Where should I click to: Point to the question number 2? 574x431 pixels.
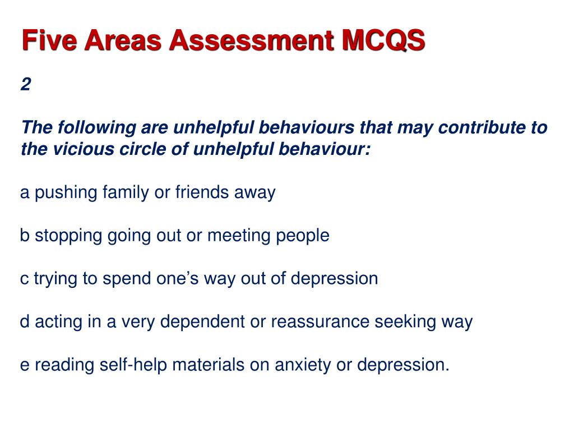26,85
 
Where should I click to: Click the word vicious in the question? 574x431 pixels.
70,149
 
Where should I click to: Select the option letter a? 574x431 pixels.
25,193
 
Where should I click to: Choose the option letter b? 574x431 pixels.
25,236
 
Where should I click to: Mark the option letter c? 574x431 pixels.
24,279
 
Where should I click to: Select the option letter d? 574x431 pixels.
25,322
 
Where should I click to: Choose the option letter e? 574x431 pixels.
25,365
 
